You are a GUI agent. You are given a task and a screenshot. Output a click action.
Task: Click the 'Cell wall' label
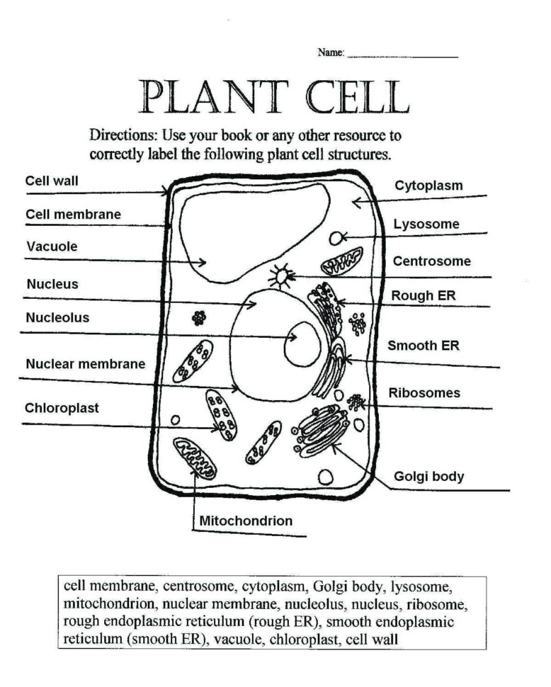(x=52, y=181)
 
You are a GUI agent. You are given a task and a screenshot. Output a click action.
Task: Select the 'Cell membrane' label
(x=73, y=214)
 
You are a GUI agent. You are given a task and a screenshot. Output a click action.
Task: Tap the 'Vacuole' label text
(x=52, y=247)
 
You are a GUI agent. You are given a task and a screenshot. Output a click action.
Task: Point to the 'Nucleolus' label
(x=58, y=318)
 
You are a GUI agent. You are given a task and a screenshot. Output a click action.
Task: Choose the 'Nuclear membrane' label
(x=86, y=364)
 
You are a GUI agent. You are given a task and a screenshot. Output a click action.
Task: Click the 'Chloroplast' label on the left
(x=62, y=408)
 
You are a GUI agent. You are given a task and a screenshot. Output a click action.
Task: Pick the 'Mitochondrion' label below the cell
(x=246, y=521)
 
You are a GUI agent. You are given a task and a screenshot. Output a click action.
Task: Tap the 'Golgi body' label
(x=429, y=476)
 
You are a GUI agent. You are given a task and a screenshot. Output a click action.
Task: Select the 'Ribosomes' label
(x=424, y=392)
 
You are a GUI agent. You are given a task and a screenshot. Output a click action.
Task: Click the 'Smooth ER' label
(x=423, y=346)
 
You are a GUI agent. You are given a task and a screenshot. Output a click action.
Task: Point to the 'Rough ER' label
(x=423, y=295)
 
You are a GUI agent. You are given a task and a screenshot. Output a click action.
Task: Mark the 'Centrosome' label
(x=431, y=261)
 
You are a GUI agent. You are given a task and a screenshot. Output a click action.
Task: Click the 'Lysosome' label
(x=426, y=225)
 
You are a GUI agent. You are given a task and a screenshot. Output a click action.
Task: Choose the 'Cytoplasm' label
(x=428, y=186)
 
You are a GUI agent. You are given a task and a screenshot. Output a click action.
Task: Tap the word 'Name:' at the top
(x=331, y=52)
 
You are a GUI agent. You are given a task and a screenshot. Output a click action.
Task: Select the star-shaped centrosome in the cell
(x=283, y=276)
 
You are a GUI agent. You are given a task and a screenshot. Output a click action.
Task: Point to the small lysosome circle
(x=336, y=238)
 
